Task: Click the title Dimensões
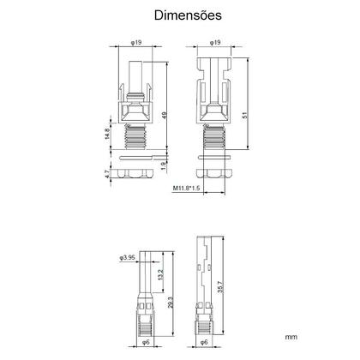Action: coord(188,15)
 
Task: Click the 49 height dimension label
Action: coord(165,116)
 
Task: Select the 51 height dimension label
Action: coord(245,115)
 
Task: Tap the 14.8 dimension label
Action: coord(107,134)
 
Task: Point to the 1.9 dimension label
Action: coord(163,166)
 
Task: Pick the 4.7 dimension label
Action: coord(107,174)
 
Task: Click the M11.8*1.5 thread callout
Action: coord(186,188)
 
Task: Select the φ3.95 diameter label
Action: coord(127,257)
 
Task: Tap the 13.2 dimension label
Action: coord(160,274)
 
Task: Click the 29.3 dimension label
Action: coord(171,302)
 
